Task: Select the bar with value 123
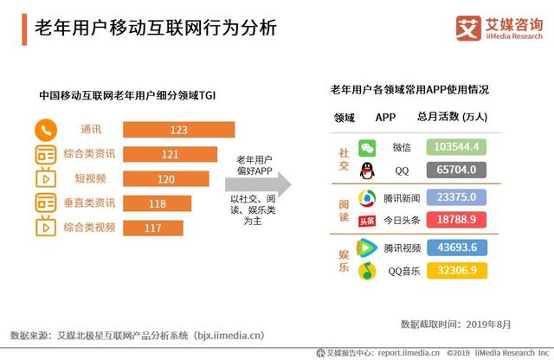[178, 130]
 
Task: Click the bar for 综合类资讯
[176, 154]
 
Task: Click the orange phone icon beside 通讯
[46, 130]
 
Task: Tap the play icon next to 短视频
[46, 179]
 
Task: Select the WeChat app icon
[367, 147]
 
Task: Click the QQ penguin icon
[367, 170]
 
